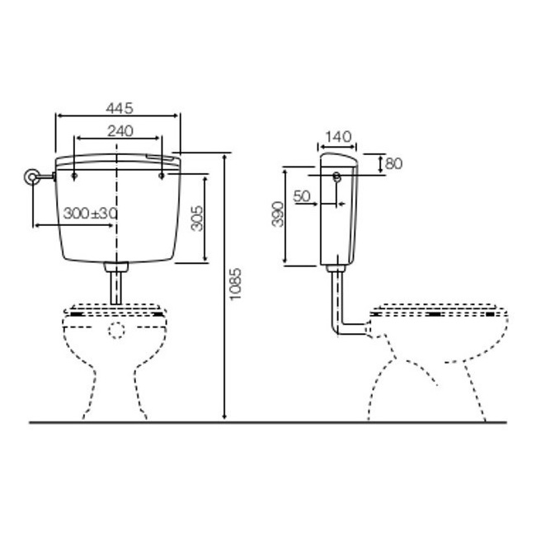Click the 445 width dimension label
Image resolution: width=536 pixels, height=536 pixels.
point(120,108)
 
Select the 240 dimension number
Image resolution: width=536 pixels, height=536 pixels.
point(120,131)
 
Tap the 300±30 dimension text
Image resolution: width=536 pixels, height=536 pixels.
point(90,214)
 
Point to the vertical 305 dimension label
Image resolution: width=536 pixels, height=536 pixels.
point(197,219)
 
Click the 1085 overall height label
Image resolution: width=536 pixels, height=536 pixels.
point(236,284)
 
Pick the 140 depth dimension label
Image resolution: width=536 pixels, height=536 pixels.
point(338,137)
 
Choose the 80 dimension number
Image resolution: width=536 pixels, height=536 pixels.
point(394,164)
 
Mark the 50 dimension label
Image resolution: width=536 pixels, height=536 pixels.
point(302,196)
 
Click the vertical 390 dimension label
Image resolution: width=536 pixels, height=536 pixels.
point(278,214)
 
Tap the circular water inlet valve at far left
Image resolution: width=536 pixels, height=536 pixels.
point(31,176)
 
